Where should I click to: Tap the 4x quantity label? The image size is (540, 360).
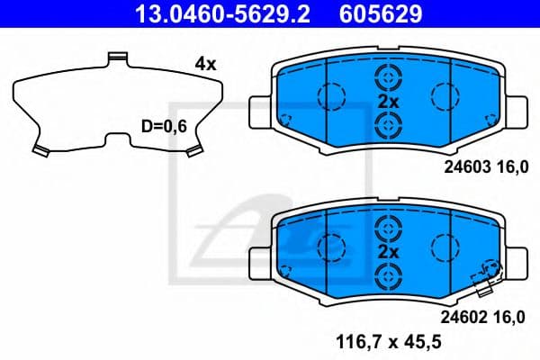point(205,64)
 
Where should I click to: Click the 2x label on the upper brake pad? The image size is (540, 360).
point(388,102)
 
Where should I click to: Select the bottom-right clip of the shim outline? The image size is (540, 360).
point(192,150)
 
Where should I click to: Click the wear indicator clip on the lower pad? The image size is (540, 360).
point(487,279)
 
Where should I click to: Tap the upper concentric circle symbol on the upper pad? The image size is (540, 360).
point(388,78)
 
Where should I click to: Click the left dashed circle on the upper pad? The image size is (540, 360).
point(332,94)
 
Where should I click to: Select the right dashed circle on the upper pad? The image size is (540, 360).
point(445,94)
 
